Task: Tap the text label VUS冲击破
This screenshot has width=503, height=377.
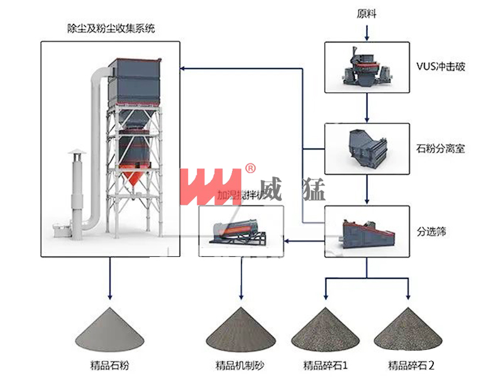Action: (440, 66)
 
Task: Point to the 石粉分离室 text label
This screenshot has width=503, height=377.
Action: (440, 150)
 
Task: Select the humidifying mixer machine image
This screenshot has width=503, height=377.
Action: (240, 232)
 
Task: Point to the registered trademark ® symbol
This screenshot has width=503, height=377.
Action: (250, 168)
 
